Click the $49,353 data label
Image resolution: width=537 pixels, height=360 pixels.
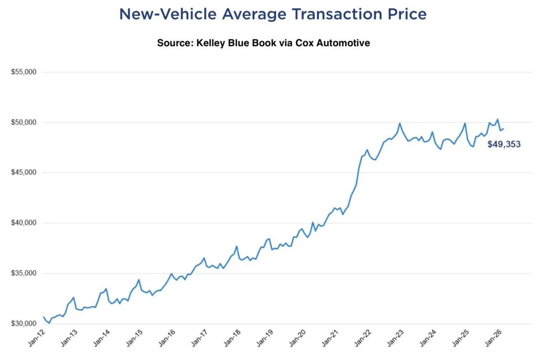[503, 144]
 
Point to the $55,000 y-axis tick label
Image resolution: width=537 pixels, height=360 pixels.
[23, 72]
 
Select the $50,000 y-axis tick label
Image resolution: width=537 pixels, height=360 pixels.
[23, 122]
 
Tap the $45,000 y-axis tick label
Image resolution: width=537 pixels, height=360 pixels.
[23, 172]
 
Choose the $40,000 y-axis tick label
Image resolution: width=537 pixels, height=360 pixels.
[23, 223]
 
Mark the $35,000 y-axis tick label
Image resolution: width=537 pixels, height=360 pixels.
[23, 273]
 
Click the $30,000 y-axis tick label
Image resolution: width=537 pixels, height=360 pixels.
[23, 323]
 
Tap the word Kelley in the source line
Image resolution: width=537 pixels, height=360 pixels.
[211, 43]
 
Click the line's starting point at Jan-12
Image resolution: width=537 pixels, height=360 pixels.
[44, 317]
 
